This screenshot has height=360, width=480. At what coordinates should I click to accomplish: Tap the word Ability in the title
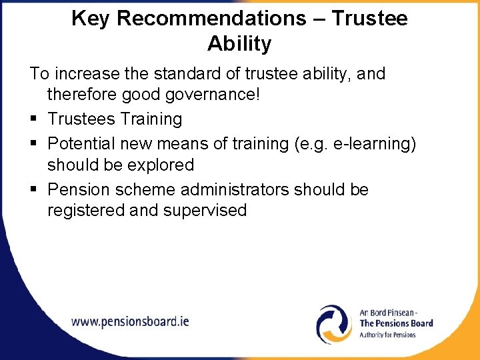[239, 44]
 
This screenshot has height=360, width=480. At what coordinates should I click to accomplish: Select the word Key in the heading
[91, 19]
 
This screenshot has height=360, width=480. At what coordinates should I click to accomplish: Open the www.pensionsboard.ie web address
[130, 321]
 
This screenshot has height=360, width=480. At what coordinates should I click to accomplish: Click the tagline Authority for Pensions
[387, 335]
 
